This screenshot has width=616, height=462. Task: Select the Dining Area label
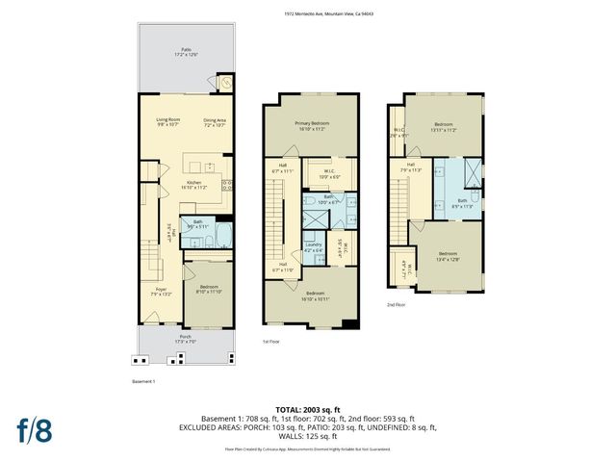pos(215,122)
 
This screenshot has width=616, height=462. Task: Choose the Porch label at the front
pos(186,339)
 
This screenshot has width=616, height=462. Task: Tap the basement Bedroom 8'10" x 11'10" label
pos(209,290)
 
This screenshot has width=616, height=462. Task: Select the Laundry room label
pos(314,247)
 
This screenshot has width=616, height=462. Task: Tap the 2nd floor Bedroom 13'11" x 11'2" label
pos(443,127)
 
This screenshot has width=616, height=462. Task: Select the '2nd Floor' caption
pos(396,305)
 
